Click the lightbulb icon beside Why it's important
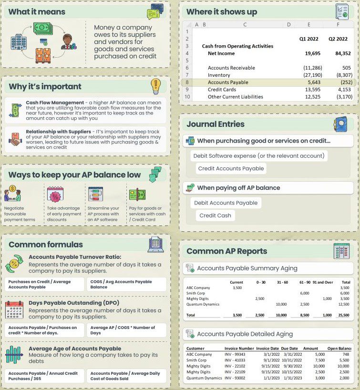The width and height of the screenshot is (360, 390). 156,86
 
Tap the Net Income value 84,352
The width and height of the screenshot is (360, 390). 340,53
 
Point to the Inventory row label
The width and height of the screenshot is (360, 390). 219,75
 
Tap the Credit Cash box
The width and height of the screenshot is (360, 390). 215,216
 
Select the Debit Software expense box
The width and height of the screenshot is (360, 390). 259,155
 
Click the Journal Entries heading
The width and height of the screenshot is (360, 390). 216,124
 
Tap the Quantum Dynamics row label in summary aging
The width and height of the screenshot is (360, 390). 203,304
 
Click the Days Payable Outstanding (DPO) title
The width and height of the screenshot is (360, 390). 74,303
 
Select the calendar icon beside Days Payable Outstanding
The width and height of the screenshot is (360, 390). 14,310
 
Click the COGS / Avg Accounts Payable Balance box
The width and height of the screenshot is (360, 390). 127,284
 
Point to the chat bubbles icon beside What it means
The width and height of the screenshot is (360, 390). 155,10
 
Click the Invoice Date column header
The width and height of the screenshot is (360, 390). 271,348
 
